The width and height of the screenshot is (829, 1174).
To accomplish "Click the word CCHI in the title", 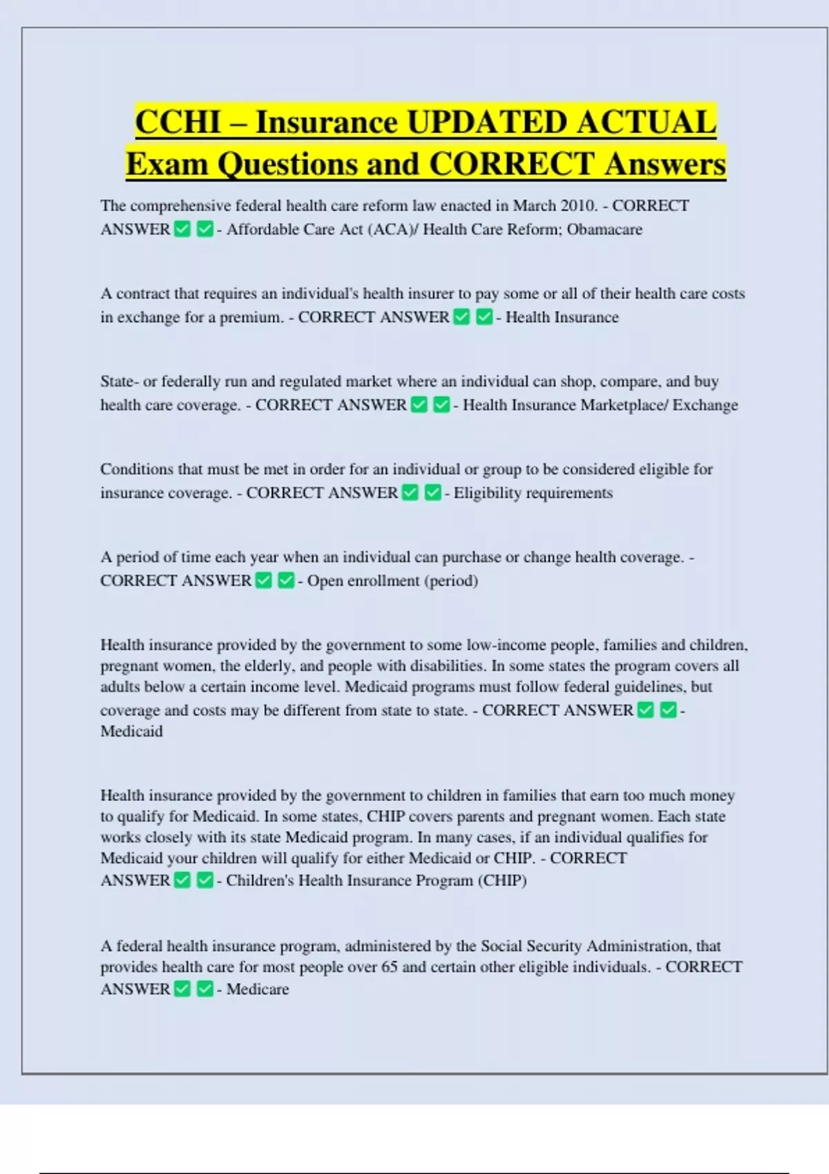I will point(178,122).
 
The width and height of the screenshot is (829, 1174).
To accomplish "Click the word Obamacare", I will point(604,229).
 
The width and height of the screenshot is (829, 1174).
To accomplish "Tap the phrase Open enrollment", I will point(363,581).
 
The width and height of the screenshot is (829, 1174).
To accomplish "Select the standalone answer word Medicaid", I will point(131,731).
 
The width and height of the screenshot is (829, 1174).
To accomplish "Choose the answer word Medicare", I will point(258,989).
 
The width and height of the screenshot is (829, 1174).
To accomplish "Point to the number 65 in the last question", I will point(390,967).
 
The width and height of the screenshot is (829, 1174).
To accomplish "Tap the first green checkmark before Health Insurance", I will point(462,317).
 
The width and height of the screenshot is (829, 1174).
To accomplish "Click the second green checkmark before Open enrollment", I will point(286,581).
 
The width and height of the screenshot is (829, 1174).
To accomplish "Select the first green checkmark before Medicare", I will point(182,989).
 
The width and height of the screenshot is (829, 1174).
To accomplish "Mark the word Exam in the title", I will point(167,164).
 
